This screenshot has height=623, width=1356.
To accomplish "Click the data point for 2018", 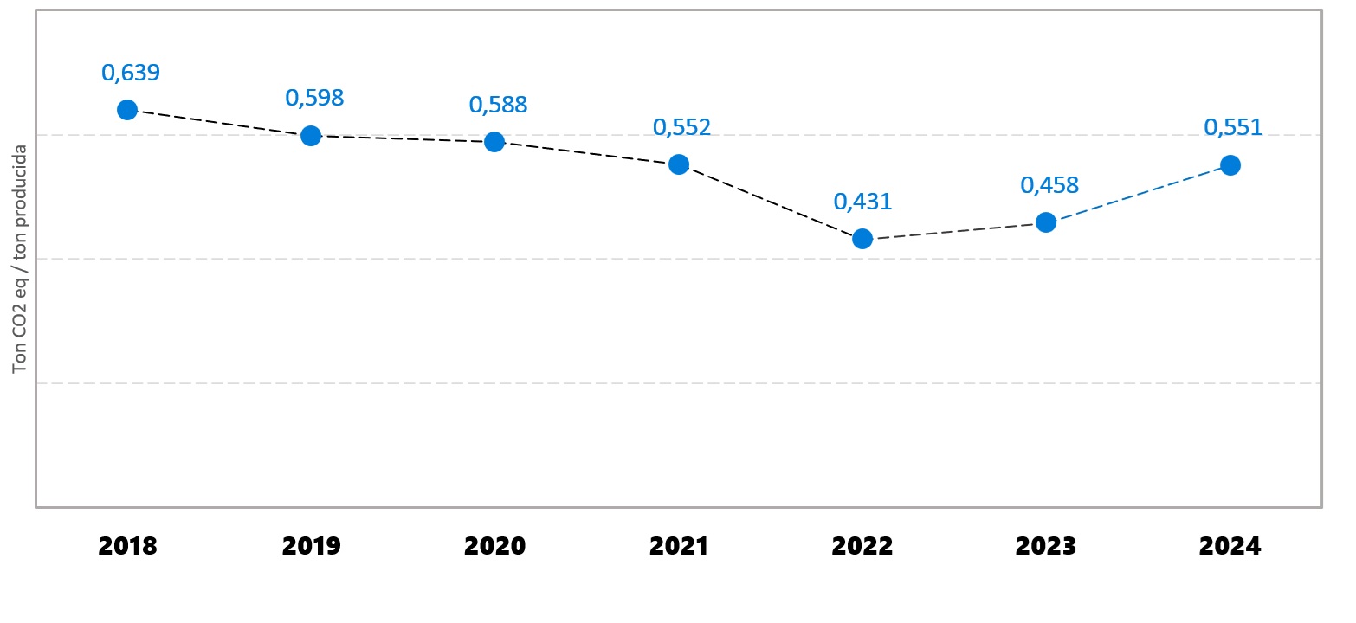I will click(x=127, y=110).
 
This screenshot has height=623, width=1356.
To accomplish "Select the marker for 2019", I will click(x=311, y=136).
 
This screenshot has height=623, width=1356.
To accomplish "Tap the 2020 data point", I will click(x=494, y=142).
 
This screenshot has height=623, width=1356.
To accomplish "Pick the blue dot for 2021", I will click(x=679, y=164).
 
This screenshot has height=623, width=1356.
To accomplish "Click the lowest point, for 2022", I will click(x=862, y=239).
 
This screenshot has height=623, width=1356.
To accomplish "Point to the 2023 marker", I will click(x=1046, y=222).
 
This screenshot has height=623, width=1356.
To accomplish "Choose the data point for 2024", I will click(x=1230, y=165).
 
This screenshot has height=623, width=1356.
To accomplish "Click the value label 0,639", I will click(x=131, y=74).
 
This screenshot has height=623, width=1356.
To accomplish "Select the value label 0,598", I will click(x=314, y=99).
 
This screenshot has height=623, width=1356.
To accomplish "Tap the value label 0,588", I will click(x=498, y=106).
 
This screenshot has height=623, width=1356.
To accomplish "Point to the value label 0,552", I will click(x=681, y=128).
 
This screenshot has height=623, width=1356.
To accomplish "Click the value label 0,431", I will click(x=862, y=202).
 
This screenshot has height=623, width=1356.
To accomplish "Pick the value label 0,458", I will click(x=1049, y=186).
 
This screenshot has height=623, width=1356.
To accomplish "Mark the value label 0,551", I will click(x=1233, y=128).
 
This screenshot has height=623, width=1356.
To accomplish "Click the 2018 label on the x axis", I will click(x=127, y=547).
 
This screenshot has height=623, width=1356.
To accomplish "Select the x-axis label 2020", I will click(x=494, y=547).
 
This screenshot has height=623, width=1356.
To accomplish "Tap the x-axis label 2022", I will click(x=862, y=547).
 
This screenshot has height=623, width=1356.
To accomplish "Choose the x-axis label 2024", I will click(x=1230, y=547).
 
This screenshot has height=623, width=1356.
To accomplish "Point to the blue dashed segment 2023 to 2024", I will click(x=1139, y=194).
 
